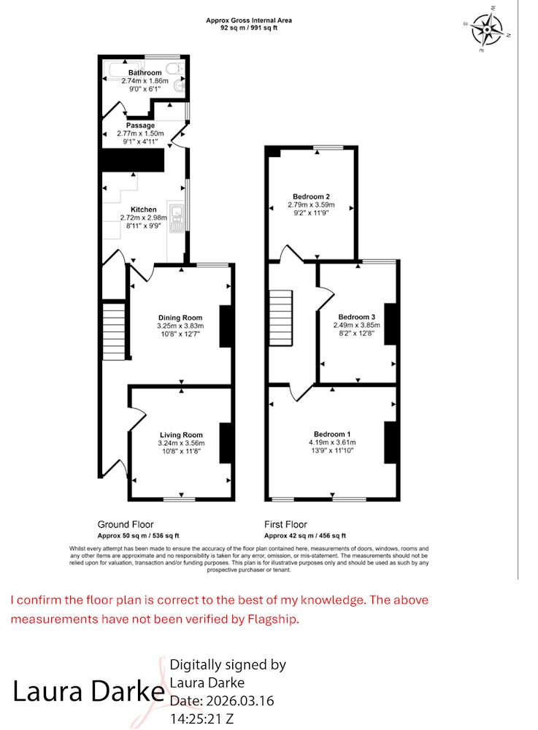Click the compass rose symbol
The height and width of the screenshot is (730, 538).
(487, 29)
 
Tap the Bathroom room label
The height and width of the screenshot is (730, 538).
(145, 72)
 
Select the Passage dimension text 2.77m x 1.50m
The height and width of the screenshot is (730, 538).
(140, 134)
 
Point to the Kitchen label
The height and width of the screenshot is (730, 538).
(143, 210)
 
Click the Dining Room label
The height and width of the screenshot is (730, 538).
(180, 318)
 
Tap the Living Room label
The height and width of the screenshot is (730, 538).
(181, 435)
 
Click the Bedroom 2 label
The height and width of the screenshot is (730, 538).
(311, 196)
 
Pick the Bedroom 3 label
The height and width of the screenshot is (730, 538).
(356, 317)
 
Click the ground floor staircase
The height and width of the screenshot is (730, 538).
(114, 331)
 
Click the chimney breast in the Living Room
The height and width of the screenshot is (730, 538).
(226, 443)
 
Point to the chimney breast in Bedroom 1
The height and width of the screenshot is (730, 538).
(390, 442)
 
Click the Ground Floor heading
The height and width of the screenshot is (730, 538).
(125, 524)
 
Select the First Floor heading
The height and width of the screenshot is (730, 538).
(285, 524)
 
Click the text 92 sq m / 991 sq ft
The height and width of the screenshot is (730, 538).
(249, 28)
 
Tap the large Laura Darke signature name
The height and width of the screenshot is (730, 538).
(88, 691)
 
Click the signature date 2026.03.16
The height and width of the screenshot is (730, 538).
(240, 701)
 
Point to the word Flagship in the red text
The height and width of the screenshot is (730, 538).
(272, 619)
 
